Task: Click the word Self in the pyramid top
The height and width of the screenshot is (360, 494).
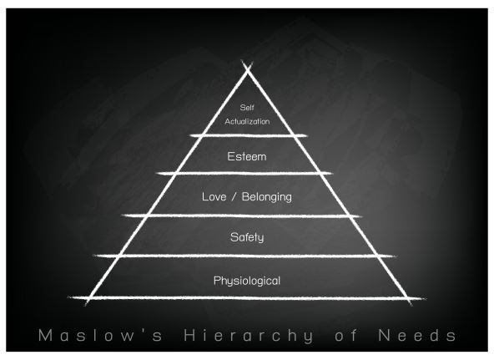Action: click(x=247, y=108)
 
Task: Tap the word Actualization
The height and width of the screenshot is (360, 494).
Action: click(x=247, y=121)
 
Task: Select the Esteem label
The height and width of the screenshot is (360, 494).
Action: click(x=247, y=156)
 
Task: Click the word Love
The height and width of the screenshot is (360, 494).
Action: click(x=214, y=197)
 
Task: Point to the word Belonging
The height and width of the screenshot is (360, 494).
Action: click(x=267, y=197)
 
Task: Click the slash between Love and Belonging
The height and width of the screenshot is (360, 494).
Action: click(x=234, y=197)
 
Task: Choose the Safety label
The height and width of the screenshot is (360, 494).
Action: click(x=247, y=237)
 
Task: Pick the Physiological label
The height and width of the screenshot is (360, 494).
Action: click(x=247, y=281)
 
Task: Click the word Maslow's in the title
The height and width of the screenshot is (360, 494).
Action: click(x=100, y=335)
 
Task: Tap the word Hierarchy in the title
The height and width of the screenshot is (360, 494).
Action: click(x=249, y=336)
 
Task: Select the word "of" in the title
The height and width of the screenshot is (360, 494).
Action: click(x=346, y=335)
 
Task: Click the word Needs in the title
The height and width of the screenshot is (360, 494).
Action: click(x=417, y=335)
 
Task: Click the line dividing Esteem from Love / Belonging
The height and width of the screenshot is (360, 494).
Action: click(x=244, y=174)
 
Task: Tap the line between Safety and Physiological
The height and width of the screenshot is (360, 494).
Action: click(x=244, y=256)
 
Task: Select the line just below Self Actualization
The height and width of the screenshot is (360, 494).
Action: click(x=249, y=136)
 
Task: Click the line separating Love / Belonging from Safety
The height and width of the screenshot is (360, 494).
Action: click(x=242, y=216)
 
